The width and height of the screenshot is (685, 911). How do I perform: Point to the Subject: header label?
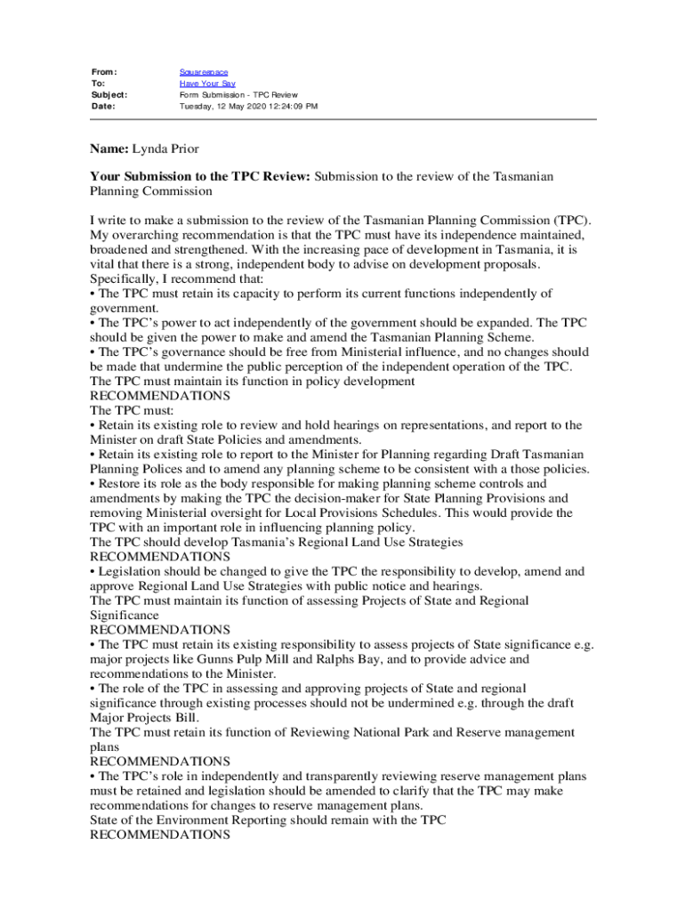click(109, 94)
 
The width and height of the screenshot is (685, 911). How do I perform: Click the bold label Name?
click(109, 148)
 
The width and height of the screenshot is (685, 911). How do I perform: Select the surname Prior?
click(194, 148)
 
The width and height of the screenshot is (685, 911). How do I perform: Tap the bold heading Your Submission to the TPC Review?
click(200, 176)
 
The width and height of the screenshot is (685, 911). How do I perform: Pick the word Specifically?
click(125, 278)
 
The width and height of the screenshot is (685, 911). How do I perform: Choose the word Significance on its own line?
click(125, 615)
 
